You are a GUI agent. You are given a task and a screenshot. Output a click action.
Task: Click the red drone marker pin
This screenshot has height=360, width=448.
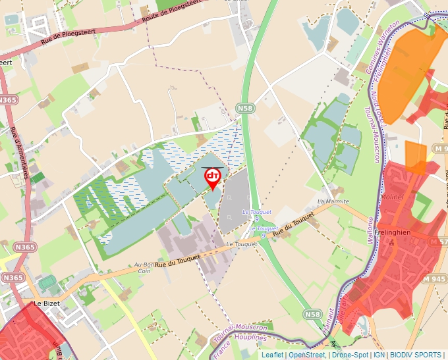[x=213, y=178]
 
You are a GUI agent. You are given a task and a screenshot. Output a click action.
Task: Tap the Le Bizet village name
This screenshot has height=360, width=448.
[x=47, y=305]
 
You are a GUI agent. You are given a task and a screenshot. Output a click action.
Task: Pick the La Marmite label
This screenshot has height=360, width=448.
[x=332, y=201]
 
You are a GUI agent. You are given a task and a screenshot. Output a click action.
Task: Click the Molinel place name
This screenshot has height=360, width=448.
[x=391, y=196]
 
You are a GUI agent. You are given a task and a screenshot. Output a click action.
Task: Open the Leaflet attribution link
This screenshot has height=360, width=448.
[x=272, y=355]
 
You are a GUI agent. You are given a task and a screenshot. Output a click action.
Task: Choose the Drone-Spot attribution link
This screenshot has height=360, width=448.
[x=350, y=355]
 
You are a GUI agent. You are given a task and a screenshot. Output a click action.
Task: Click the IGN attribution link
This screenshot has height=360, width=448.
[x=379, y=355]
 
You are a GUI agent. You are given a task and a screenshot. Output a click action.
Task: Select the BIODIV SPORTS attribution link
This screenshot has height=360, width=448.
[x=416, y=355]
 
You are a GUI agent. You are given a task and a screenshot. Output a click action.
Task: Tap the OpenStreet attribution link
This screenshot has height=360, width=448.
[x=307, y=355]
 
